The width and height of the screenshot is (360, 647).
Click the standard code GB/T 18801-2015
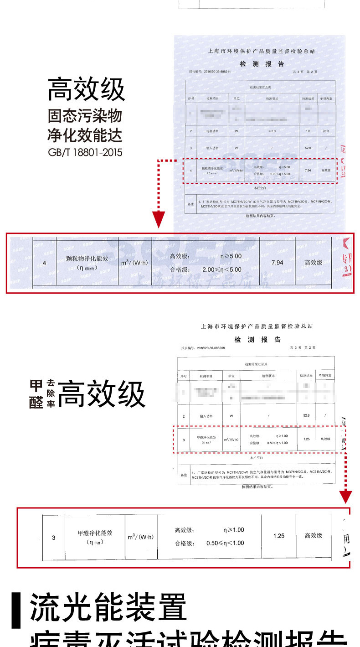85,152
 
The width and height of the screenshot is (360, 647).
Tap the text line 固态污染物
85,116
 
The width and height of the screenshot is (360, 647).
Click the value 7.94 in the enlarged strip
277,263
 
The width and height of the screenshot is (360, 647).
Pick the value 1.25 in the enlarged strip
279,536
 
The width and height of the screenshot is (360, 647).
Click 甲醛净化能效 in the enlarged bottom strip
95,533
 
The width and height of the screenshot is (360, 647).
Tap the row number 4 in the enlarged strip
44,263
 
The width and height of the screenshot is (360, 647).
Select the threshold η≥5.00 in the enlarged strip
231,256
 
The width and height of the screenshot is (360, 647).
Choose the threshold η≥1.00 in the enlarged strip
234,530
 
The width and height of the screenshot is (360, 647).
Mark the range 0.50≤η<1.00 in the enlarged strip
225,543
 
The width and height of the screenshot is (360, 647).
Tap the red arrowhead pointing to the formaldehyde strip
346,496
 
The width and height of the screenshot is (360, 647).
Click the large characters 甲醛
36,394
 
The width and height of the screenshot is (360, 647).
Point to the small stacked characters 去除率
51,394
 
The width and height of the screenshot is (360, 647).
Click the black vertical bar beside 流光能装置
16,610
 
